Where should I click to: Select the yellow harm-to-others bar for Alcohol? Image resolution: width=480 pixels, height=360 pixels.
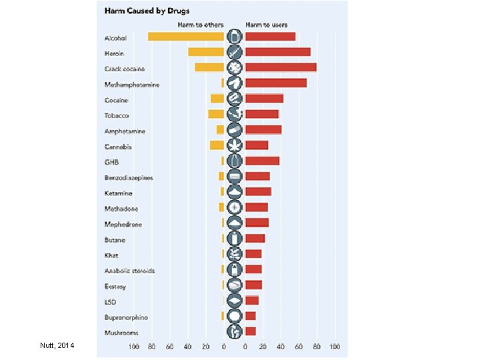coord(187,37)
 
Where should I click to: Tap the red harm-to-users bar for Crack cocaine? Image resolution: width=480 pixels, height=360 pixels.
coord(281,67)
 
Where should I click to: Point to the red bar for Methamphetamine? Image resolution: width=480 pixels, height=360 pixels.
coord(276,83)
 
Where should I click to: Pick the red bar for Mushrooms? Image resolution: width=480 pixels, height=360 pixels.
coord(251,331)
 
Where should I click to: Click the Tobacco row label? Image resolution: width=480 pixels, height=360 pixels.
coord(116,115)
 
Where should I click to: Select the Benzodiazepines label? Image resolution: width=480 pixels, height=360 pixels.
coord(129,177)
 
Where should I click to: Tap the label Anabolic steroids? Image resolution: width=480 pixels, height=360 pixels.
coord(129,271)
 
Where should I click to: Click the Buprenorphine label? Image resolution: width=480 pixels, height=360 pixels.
coord(126,317)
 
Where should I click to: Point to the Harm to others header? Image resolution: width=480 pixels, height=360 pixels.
coord(200,25)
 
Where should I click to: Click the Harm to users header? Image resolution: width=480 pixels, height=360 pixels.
coord(267,25)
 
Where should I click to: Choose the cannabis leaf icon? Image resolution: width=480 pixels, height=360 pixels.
coord(234,145)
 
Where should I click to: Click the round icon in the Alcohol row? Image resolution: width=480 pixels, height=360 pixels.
coord(234,37)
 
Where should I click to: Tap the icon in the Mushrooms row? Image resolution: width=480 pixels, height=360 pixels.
coord(234,331)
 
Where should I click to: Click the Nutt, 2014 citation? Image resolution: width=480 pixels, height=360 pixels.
coord(57,345)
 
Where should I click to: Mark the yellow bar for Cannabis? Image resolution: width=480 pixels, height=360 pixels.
coord(217,145)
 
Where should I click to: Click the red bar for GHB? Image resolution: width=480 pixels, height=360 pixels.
coord(262,161)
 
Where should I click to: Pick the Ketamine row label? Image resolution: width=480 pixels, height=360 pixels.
coord(118,193)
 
